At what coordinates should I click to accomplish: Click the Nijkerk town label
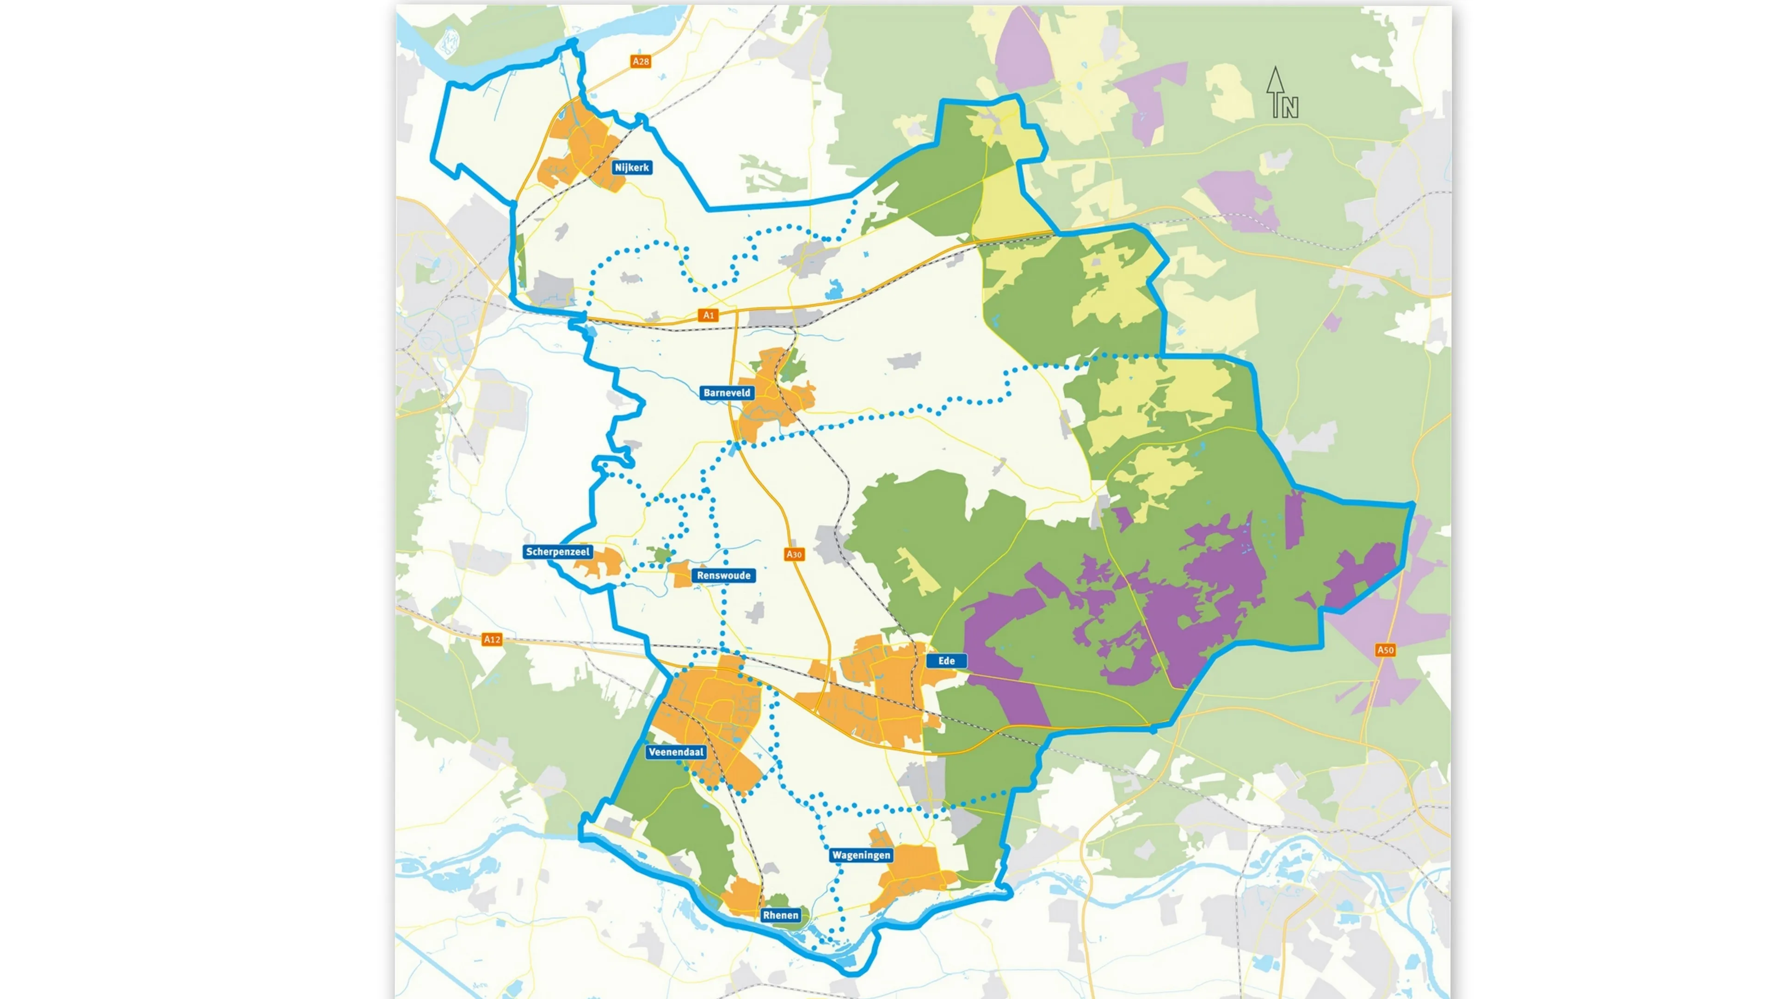[631, 167]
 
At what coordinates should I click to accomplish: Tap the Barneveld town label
[727, 393]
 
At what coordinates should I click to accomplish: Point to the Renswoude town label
[723, 576]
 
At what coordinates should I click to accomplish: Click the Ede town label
[946, 660]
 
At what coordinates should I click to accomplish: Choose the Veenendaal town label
[676, 752]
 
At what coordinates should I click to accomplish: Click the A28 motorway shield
[641, 62]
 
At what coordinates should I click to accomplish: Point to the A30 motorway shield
[794, 555]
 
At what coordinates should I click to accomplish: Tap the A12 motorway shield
[492, 639]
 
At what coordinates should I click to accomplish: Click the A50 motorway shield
[1385, 650]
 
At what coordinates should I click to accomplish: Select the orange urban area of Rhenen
[741, 896]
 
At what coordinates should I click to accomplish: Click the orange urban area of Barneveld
[765, 407]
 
